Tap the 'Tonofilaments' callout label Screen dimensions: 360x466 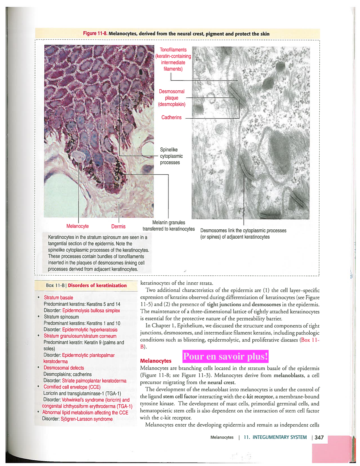173,50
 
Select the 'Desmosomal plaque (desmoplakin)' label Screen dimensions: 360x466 172,98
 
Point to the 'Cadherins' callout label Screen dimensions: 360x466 171,117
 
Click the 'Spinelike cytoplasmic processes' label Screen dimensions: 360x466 171,156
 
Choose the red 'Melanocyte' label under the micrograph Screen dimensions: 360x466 77,226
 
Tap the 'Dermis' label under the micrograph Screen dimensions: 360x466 118,227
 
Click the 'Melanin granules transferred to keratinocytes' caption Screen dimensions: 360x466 169,226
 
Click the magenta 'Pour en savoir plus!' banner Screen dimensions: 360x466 225,356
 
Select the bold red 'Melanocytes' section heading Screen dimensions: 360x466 156,361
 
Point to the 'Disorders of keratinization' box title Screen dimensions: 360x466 97,286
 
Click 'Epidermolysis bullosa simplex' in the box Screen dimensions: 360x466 91,311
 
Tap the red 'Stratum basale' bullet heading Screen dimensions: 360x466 58,298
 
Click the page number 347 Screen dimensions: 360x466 319,437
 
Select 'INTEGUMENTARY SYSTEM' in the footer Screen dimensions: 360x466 280,437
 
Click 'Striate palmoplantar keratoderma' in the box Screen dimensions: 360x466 94,381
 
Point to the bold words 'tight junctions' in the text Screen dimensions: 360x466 224,304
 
